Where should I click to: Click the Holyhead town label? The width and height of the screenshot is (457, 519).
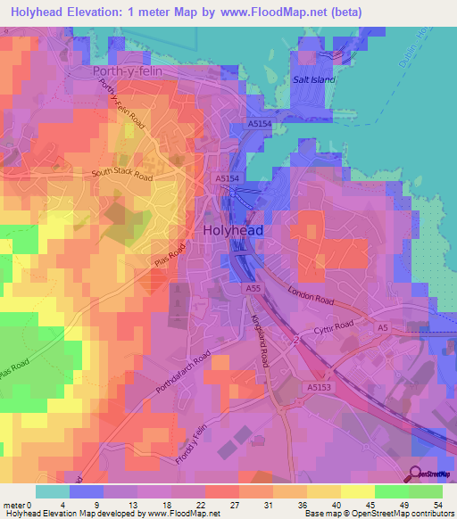(x=233, y=229)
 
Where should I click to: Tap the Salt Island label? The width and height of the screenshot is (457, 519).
(x=313, y=79)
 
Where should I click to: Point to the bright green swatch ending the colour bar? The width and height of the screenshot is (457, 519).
(x=426, y=491)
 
